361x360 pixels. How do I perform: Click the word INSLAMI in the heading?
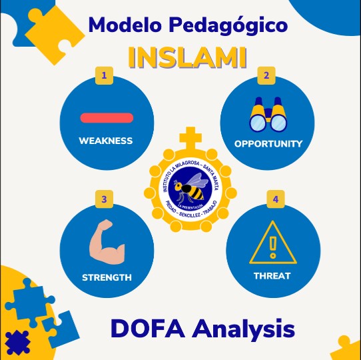pyautogui.click(x=187, y=57)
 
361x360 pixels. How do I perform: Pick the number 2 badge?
pyautogui.click(x=266, y=75)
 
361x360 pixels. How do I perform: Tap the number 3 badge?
pyautogui.click(x=104, y=199)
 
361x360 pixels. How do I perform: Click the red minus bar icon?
pyautogui.click(x=106, y=118)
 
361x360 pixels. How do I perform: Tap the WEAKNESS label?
pyautogui.click(x=106, y=141)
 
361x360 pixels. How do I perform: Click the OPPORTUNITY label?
pyautogui.click(x=268, y=143)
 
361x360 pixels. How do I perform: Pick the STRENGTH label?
pyautogui.click(x=107, y=277)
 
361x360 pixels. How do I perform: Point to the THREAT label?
pyautogui.click(x=272, y=275)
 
